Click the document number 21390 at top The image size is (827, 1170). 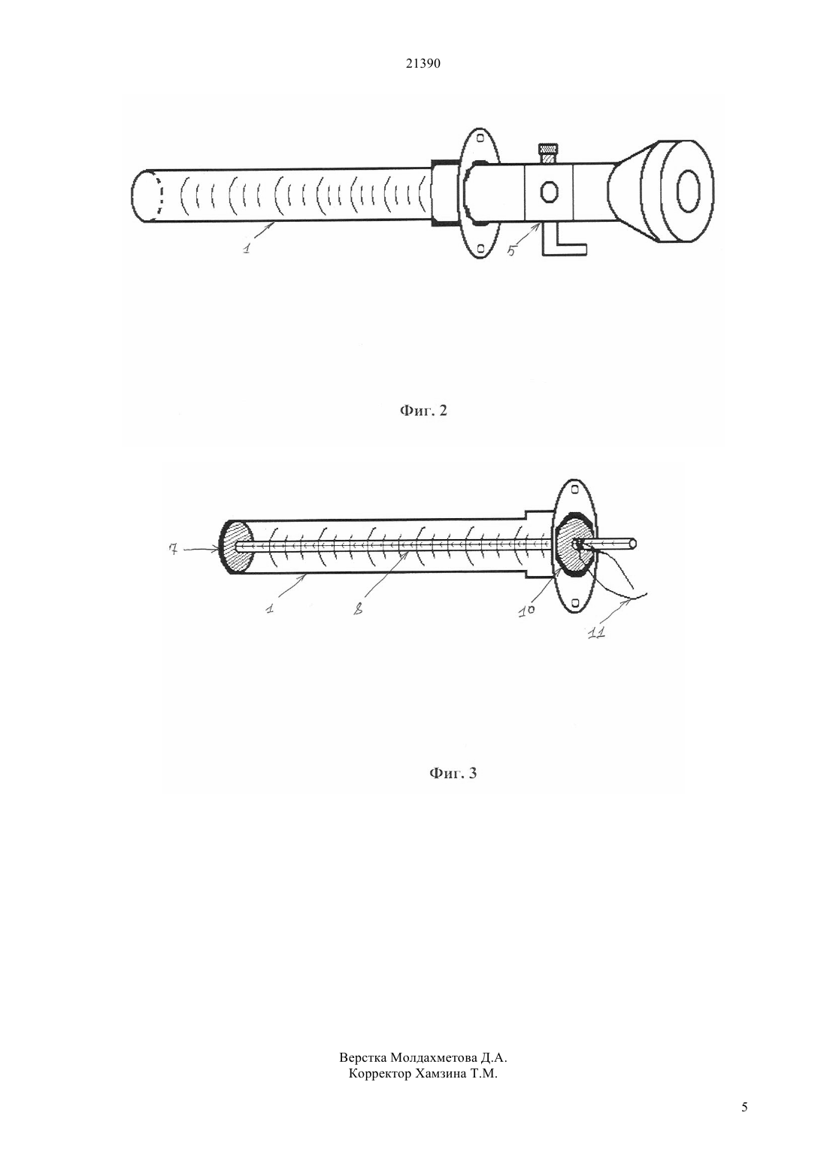point(423,64)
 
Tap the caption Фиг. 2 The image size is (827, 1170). point(423,411)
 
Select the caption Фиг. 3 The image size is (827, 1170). point(453,773)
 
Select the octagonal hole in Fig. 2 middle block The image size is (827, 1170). point(549,191)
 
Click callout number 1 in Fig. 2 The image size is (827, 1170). point(247,247)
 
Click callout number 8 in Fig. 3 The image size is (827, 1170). point(358,609)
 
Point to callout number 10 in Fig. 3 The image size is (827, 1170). point(527,611)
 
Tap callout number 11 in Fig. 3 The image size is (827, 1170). point(597,634)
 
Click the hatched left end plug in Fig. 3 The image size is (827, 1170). point(238,547)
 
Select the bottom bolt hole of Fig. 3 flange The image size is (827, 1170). point(575,603)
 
